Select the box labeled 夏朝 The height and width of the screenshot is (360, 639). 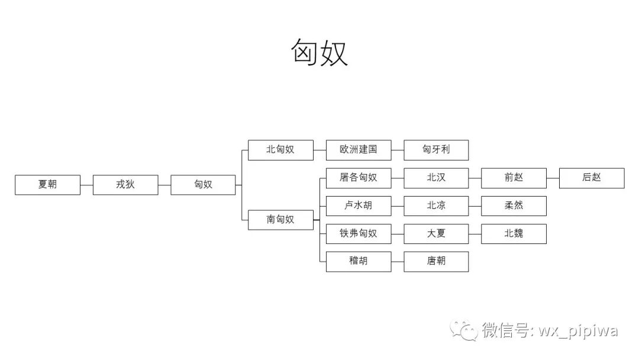[x=47, y=185]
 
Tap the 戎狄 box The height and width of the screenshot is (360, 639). [x=125, y=185]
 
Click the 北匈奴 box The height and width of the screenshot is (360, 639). [x=280, y=150]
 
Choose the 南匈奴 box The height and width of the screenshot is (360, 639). [x=280, y=220]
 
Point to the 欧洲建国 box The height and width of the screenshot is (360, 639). [x=359, y=150]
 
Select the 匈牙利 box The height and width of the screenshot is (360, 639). [x=436, y=150]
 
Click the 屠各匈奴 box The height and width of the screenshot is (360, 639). [x=359, y=178]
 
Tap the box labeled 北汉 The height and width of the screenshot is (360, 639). [x=436, y=178]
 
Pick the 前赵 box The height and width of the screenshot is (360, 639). [x=514, y=178]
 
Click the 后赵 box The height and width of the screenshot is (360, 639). [x=592, y=178]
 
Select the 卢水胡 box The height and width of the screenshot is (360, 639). [x=359, y=205]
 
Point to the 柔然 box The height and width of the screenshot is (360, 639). [x=514, y=205]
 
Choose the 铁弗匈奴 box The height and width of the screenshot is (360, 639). [x=359, y=233]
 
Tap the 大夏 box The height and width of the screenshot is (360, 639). [x=436, y=233]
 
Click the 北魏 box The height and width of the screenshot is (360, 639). [x=514, y=233]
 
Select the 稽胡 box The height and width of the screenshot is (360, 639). [x=359, y=261]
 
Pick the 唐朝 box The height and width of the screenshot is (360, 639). [x=436, y=261]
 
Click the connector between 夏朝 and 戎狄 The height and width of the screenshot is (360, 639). [x=86, y=185]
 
